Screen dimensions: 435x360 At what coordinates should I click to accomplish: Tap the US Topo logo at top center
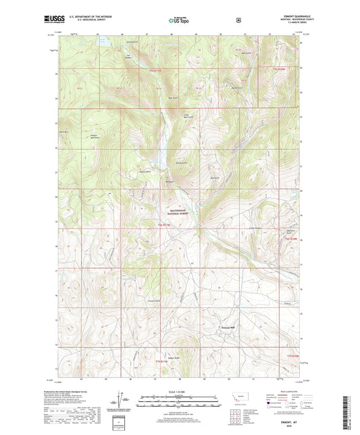(179, 20)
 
